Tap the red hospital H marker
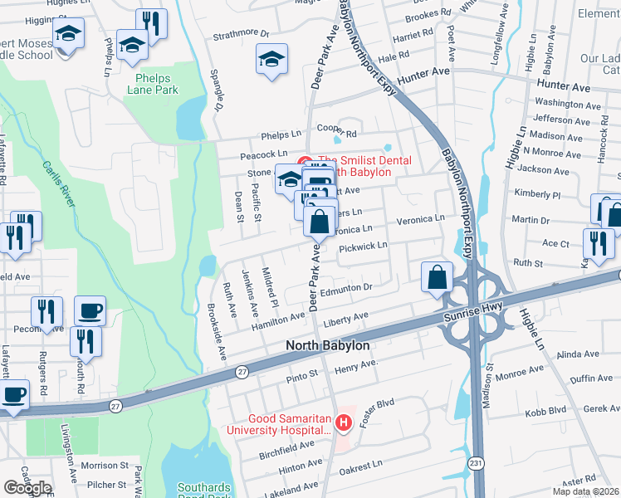click(x=345, y=422)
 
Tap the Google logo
click(x=27, y=488)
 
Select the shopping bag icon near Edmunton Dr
click(x=437, y=277)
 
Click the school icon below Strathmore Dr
click(x=271, y=60)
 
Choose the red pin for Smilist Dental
click(x=304, y=161)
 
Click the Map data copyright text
click(x=584, y=491)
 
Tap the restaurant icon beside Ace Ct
click(x=597, y=242)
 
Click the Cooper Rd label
click(x=337, y=132)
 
